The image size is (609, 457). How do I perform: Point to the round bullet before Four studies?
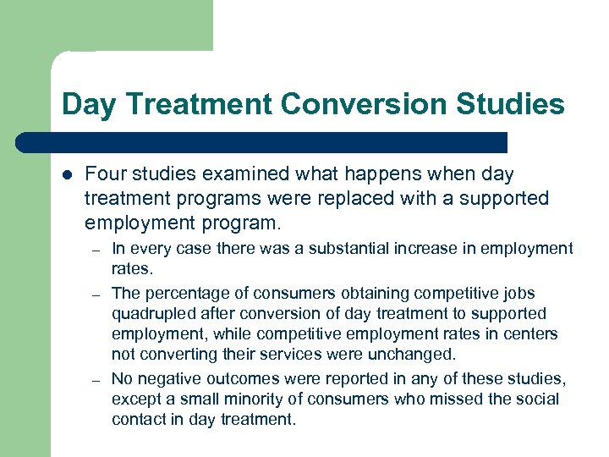67,174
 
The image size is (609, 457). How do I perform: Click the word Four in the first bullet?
103,173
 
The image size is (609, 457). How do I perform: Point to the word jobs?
519,293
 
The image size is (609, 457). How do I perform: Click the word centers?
534,333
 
